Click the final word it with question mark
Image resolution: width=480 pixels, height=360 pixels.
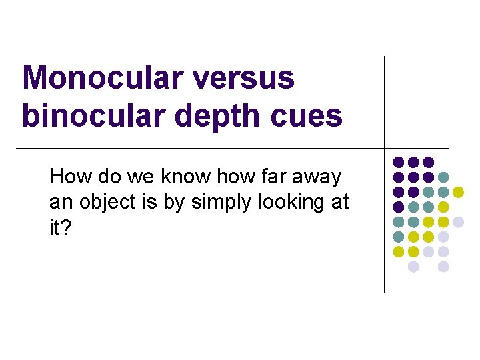tap(61, 228)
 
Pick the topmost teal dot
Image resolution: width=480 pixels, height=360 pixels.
tap(443, 177)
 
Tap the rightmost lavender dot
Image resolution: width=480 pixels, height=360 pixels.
tap(459, 222)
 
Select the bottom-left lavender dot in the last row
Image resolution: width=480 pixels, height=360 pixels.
tap(413, 267)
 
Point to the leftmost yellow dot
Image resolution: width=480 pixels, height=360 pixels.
tap(399, 252)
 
